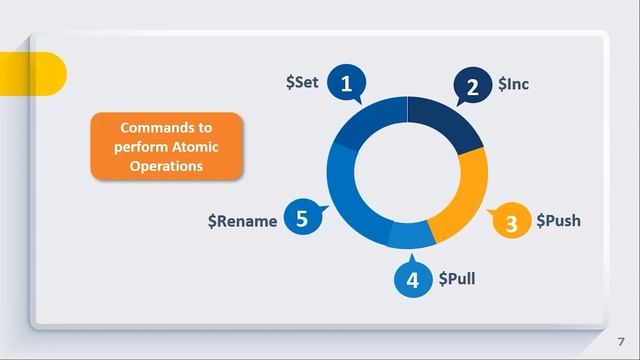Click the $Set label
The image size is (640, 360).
click(301, 82)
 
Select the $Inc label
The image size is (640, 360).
click(513, 85)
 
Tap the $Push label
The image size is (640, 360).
click(558, 220)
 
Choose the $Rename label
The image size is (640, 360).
click(242, 221)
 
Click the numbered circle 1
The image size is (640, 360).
click(347, 85)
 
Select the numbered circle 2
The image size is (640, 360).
click(473, 87)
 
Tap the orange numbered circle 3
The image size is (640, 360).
click(512, 223)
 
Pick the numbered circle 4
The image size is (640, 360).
click(412, 280)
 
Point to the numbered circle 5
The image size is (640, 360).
click(302, 218)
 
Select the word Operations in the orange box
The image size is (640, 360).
click(167, 166)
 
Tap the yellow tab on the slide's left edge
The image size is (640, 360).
click(45, 73)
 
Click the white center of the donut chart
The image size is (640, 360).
click(408, 173)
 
